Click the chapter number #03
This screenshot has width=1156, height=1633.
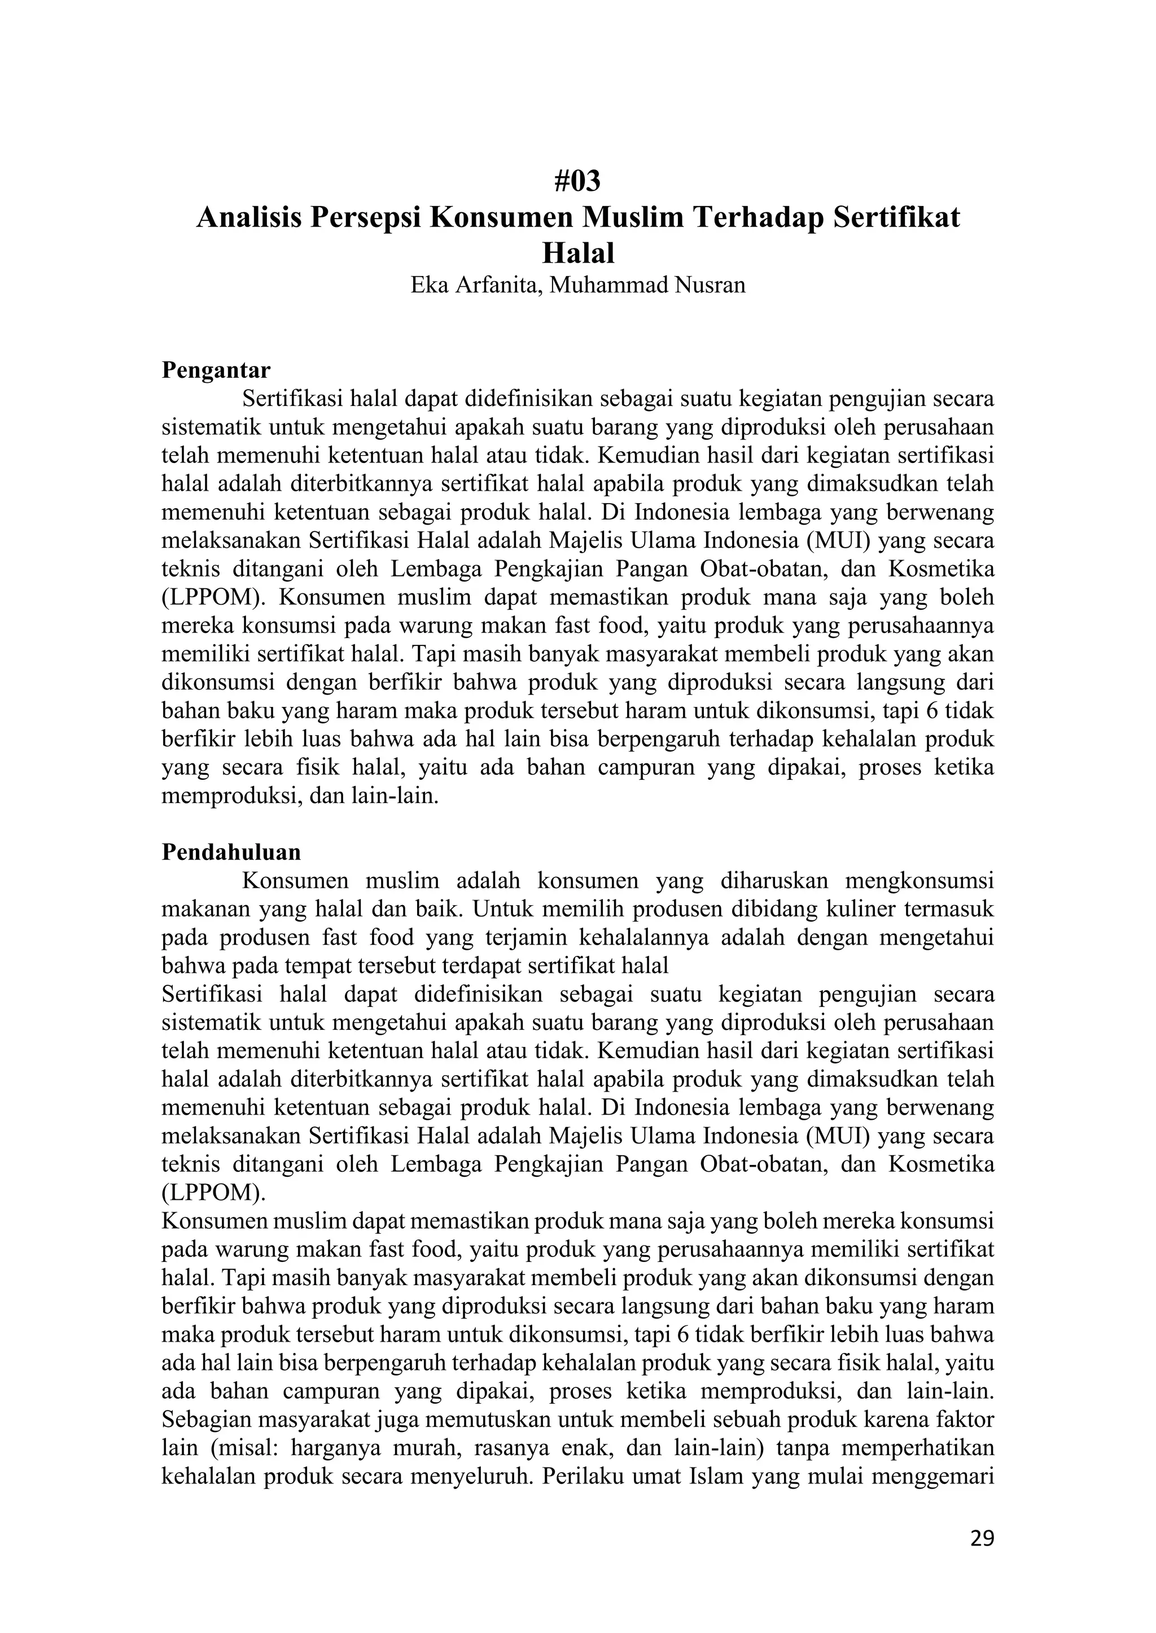click(577, 182)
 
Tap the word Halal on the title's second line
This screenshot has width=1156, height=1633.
click(577, 253)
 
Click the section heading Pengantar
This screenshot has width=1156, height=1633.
click(216, 370)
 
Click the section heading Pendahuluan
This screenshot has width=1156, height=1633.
click(231, 852)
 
